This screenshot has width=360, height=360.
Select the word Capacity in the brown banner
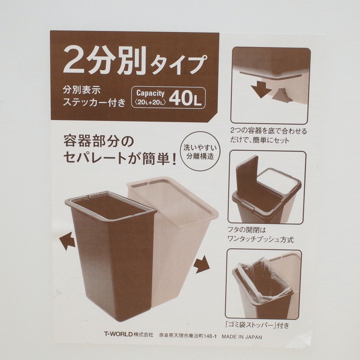pyautogui.click(x=150, y=93)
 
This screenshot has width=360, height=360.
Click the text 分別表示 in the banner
pyautogui.click(x=82, y=90)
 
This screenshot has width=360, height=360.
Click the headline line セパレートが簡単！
pyautogui.click(x=120, y=158)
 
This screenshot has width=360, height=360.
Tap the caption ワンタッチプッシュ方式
pyautogui.click(x=260, y=240)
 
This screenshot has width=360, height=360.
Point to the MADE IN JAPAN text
pyautogui.click(x=242, y=337)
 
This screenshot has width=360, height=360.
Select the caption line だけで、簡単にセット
pyautogui.click(x=260, y=140)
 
